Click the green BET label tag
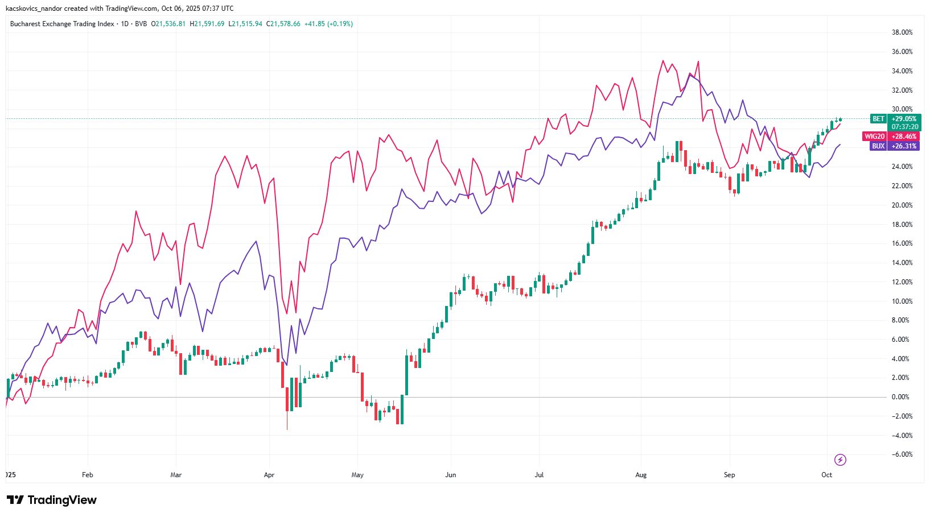click(x=878, y=119)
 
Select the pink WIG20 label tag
click(x=874, y=137)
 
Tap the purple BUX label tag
click(x=878, y=146)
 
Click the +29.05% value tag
click(x=904, y=119)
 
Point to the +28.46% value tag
click(x=904, y=137)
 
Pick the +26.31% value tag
click(x=904, y=146)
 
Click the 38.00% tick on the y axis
click(x=902, y=32)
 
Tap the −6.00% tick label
click(x=902, y=454)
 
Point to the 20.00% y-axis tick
click(x=902, y=205)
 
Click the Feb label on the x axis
click(x=87, y=475)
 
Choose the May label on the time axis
click(x=357, y=475)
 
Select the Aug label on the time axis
click(x=641, y=475)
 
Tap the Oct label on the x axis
click(x=826, y=475)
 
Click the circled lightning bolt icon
click(x=840, y=460)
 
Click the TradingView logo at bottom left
click(x=52, y=500)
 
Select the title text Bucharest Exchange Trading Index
click(x=62, y=24)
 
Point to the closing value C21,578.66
click(x=285, y=24)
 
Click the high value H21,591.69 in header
click(x=207, y=24)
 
